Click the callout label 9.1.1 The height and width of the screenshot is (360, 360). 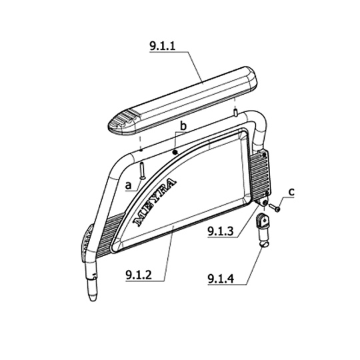pyautogui.click(x=162, y=46)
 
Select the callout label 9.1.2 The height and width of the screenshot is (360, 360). pyautogui.click(x=139, y=275)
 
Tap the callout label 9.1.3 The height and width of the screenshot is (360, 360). pyautogui.click(x=221, y=231)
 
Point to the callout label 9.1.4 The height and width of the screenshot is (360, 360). pyautogui.click(x=221, y=279)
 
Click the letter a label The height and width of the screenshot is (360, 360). pyautogui.click(x=129, y=185)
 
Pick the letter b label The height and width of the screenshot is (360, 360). pyautogui.click(x=183, y=126)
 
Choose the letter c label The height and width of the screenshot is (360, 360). pyautogui.click(x=291, y=191)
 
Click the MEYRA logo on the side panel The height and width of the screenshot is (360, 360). pyautogui.click(x=155, y=202)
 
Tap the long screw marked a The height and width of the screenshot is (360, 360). pyautogui.click(x=143, y=171)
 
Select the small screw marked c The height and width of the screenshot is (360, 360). pyautogui.click(x=275, y=207)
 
